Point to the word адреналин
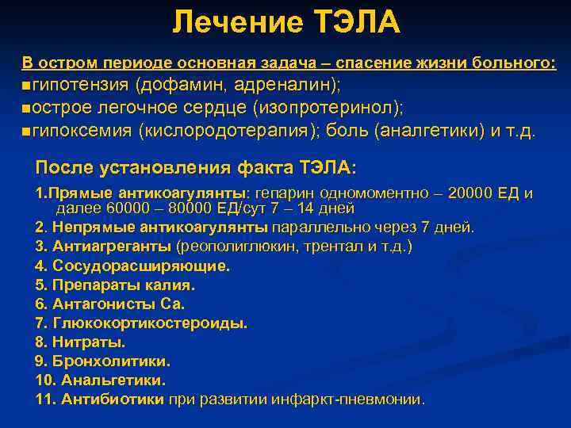click(282, 85)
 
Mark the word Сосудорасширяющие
click(140, 266)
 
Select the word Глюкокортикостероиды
click(150, 323)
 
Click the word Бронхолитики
click(111, 361)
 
